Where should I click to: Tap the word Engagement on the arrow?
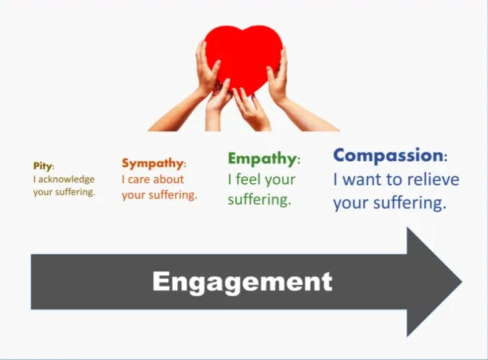pyautogui.click(x=242, y=282)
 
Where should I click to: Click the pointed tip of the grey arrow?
pyautogui.click(x=462, y=282)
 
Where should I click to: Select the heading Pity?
pyautogui.click(x=43, y=166)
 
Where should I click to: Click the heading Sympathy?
pyautogui.click(x=152, y=163)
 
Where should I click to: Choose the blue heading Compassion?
pyautogui.click(x=388, y=155)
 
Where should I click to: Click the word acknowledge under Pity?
pyautogui.click(x=67, y=179)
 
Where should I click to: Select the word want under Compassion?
pyautogui.click(x=363, y=180)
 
